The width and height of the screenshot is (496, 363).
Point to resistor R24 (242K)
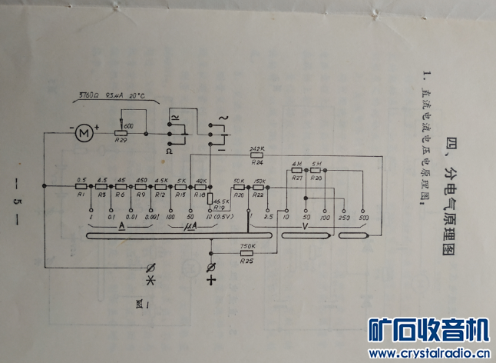257,155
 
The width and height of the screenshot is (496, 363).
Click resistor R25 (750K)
247,254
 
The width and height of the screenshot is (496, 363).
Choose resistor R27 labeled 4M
297,171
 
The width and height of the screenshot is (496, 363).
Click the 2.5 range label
267,217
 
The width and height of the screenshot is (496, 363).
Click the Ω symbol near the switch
169,152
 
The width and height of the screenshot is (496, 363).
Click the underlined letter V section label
305,227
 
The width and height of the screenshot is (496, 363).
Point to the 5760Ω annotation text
91,97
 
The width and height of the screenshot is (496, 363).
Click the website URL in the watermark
429,353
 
